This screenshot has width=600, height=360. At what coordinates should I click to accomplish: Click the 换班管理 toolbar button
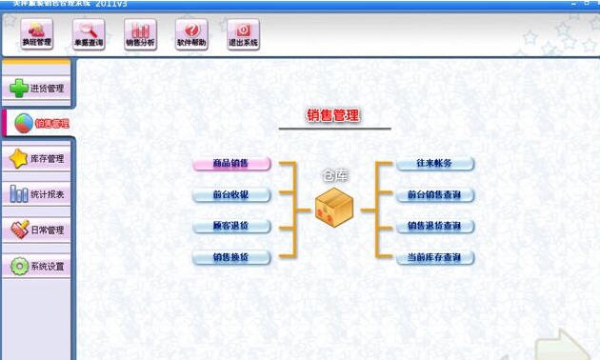tap(37, 35)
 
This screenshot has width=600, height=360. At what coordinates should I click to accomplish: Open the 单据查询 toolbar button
tap(90, 35)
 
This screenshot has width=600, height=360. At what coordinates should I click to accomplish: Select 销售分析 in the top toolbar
tap(142, 35)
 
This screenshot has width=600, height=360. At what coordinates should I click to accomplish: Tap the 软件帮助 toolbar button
tap(192, 35)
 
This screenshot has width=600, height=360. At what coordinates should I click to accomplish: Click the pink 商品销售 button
tap(231, 164)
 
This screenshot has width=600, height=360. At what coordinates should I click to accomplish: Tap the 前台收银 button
tap(231, 195)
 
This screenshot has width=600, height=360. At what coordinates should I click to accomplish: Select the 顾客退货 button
tap(231, 227)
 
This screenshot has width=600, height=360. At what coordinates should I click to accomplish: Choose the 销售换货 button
tap(231, 258)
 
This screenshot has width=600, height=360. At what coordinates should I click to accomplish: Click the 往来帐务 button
tap(434, 164)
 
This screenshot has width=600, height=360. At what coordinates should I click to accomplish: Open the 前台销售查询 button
tap(434, 195)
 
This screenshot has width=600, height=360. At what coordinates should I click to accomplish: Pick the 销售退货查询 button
tap(434, 227)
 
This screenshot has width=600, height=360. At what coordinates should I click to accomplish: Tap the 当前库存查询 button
tap(434, 258)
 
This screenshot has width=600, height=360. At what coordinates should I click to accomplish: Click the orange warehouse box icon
tap(334, 207)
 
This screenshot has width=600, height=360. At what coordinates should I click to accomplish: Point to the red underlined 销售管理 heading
tap(333, 115)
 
